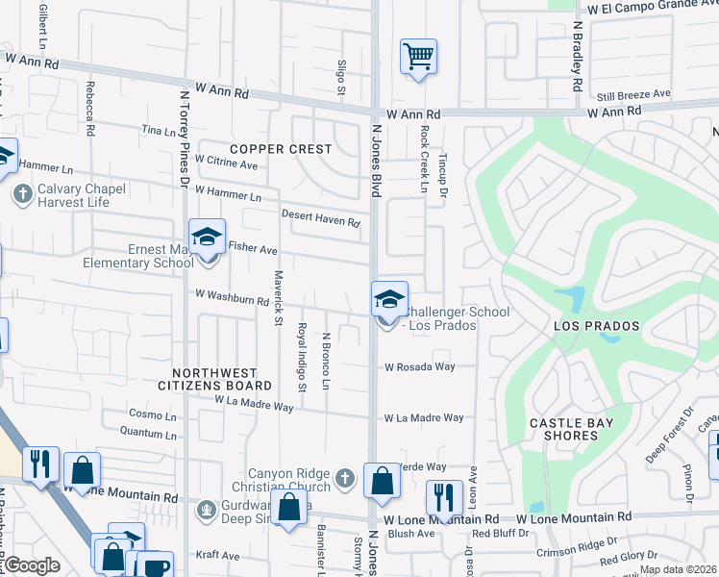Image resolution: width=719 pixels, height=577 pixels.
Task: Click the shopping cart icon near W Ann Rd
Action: (419, 57)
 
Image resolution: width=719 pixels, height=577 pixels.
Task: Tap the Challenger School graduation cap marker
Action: (390, 299)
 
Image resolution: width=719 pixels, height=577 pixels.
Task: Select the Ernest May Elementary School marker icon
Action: (206, 238)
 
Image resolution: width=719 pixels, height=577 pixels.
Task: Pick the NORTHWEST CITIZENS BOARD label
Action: (214, 379)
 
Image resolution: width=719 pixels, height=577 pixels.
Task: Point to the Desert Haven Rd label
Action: (320, 217)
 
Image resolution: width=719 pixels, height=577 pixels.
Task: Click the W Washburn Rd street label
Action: (232, 297)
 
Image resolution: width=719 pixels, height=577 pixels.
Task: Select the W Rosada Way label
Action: (420, 366)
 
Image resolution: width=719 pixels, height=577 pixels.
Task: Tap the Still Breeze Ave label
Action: (633, 94)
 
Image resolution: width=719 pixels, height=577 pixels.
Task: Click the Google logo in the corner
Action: (32, 566)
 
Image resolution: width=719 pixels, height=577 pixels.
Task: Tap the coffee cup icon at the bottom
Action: (154, 566)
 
